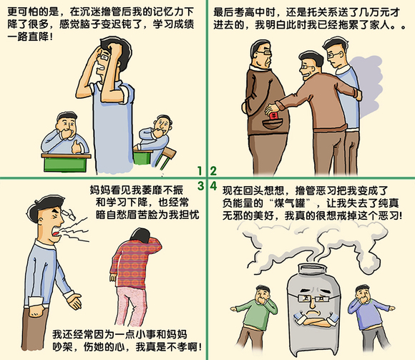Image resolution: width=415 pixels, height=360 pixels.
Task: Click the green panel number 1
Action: coord(202,171)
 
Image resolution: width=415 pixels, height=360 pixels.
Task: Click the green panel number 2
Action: coord(213,171)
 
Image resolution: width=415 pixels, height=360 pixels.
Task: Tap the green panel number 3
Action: coord(202,185)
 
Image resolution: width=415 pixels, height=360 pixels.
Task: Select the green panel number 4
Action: coord(213,185)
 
